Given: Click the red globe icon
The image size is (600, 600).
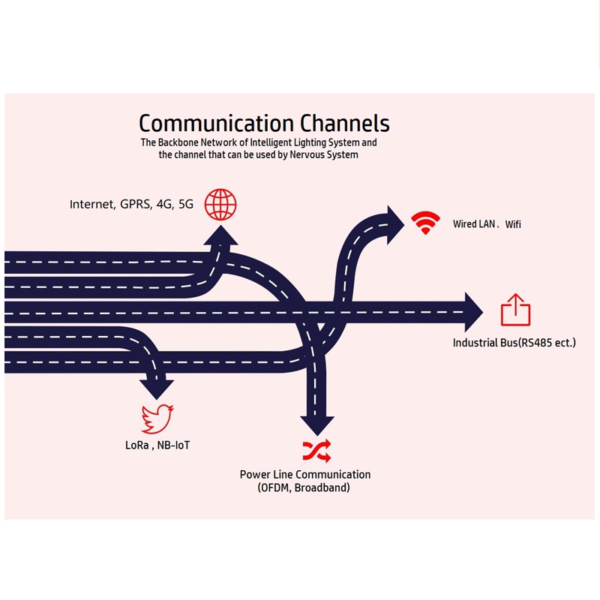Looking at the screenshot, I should coord(220,203).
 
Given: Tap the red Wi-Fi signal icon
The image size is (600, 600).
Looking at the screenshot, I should coord(426,223).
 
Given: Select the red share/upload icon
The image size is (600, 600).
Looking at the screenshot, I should coord(515,310).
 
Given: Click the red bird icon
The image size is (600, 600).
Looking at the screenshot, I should coord(157,419).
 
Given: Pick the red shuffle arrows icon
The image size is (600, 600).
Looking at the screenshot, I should coord(316,450).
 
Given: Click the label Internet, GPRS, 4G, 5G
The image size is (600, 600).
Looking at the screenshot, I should coord(131,204).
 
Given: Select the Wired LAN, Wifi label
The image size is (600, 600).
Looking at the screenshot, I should coord(487,224).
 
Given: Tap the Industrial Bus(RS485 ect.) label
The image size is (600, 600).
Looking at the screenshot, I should coord(514,343).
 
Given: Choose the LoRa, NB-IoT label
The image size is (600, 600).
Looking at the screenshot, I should coord(157,445).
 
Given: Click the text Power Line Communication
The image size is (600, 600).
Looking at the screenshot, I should coord(305,475).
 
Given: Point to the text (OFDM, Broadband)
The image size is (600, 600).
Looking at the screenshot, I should coord(304,488).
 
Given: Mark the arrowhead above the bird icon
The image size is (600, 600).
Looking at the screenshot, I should coord(157,388).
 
